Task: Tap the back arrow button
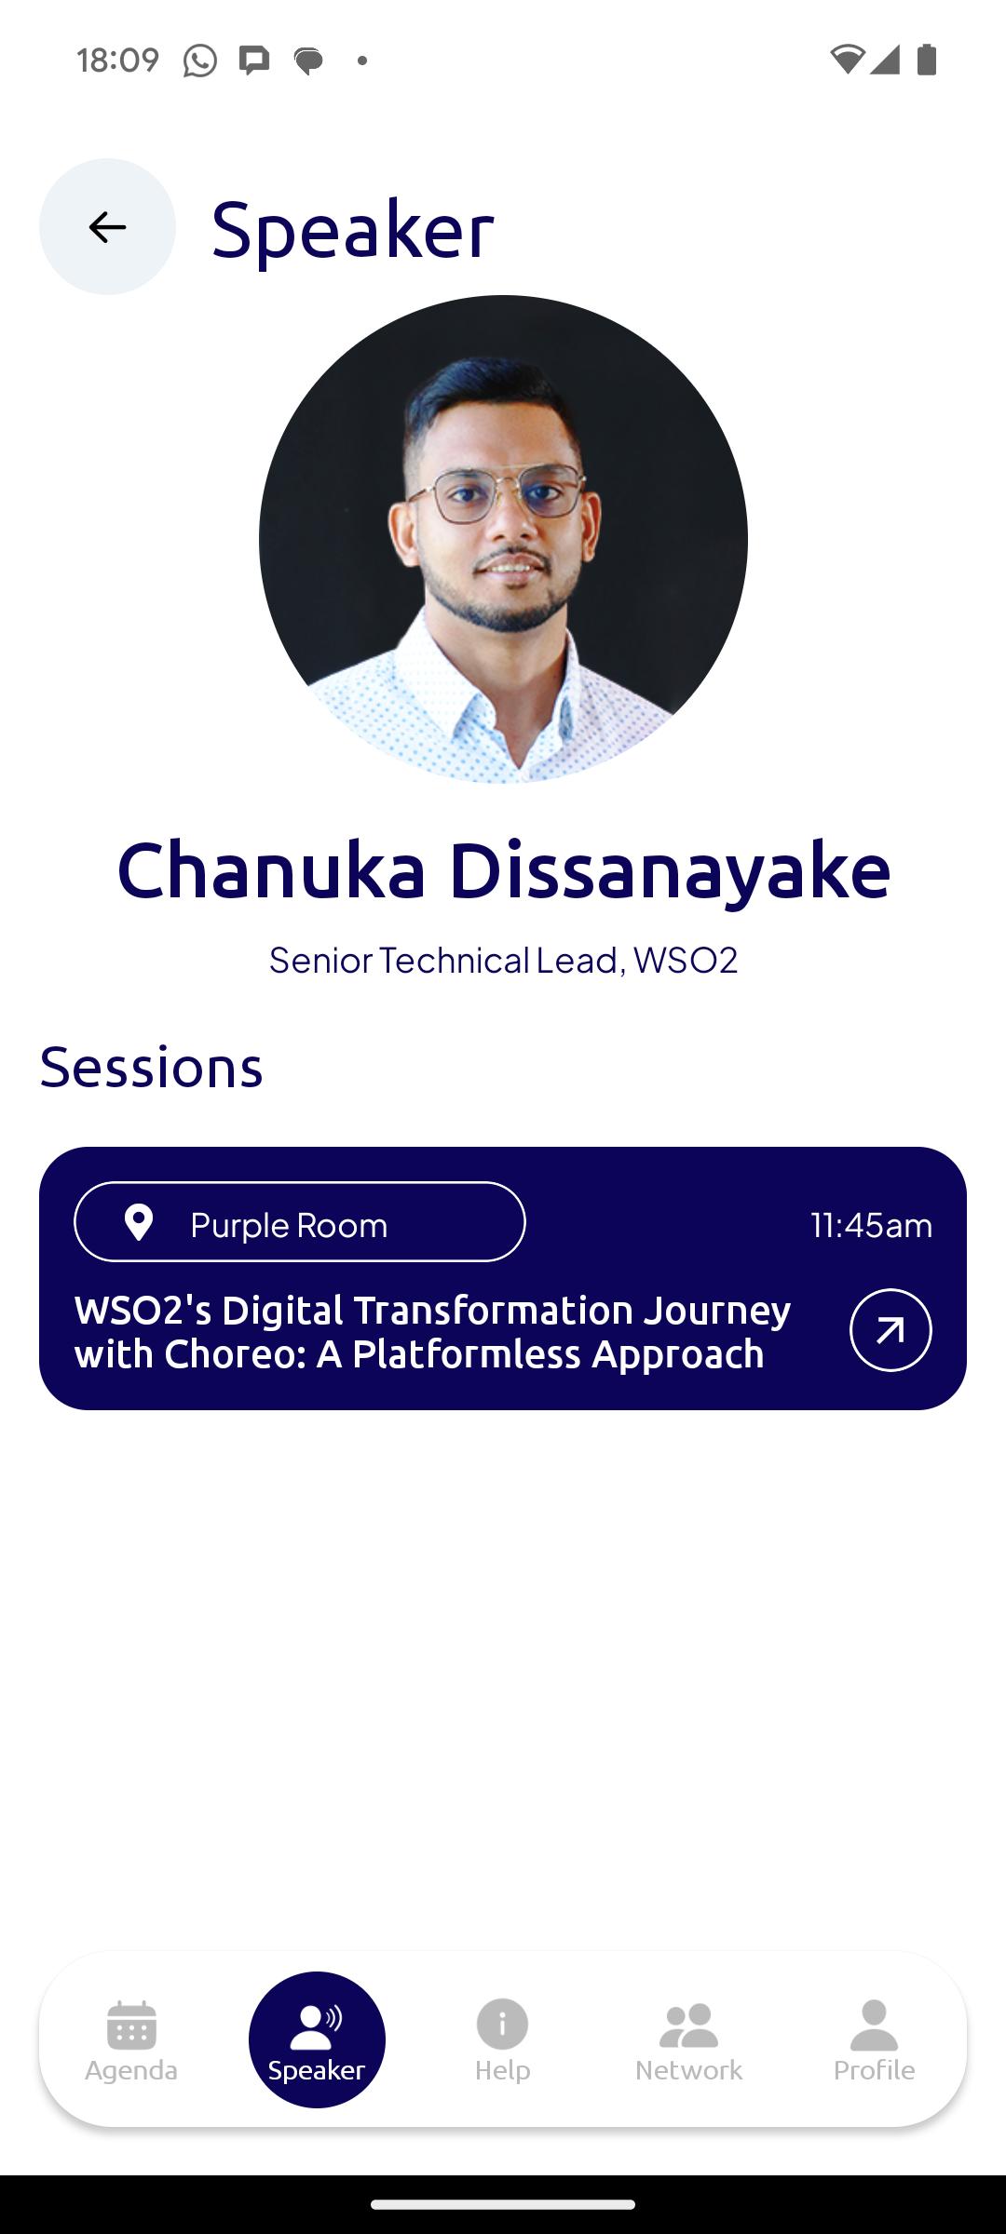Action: click(107, 226)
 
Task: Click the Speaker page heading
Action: click(352, 229)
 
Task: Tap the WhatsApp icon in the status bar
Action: click(199, 61)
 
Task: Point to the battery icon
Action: click(926, 60)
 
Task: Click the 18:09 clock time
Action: click(117, 61)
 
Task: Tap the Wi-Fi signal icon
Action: click(847, 60)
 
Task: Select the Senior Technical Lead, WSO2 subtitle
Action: click(503, 960)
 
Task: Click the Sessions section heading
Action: click(151, 1067)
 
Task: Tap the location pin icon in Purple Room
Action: click(139, 1222)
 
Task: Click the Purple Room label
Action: click(289, 1225)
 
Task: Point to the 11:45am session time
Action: click(871, 1225)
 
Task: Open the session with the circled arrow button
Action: click(890, 1330)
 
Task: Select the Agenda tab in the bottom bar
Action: click(131, 2040)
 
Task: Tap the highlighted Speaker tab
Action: click(317, 2039)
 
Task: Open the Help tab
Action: click(502, 2040)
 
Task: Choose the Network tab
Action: click(688, 2040)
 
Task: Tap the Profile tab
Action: click(874, 2040)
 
